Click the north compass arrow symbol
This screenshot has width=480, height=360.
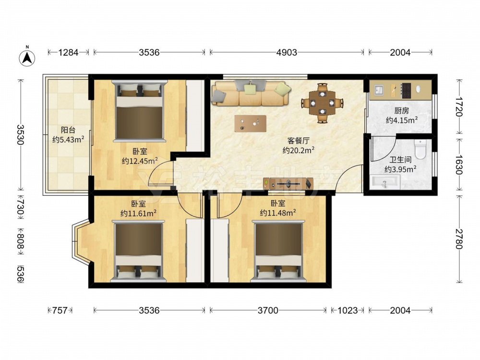27,58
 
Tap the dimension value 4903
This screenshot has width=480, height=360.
287,53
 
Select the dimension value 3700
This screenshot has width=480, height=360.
268,311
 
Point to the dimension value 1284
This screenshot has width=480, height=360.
68,53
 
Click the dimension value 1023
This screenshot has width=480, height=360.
348,311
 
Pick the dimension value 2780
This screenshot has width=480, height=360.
458,239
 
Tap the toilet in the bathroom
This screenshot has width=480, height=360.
420,149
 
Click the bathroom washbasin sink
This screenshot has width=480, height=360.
385,182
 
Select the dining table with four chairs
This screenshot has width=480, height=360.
322,103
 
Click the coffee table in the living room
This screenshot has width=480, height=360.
251,124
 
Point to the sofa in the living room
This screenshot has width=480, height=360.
251,93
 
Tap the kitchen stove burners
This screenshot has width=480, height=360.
406,91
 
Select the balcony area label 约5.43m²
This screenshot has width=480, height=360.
68,140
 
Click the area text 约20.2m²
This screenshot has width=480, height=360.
299,150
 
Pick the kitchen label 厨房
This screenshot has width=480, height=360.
401,110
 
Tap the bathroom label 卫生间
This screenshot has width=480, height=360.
400,160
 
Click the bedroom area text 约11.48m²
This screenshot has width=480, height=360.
277,213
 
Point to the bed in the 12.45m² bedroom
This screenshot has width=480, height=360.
140,111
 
